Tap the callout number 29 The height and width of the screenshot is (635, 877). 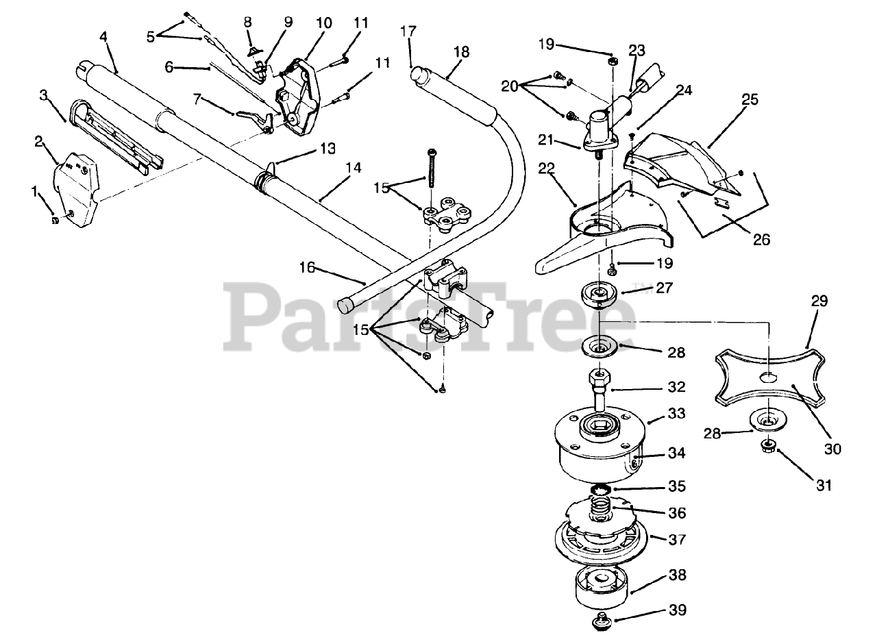[x=819, y=301]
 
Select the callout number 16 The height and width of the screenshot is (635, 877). [x=307, y=267]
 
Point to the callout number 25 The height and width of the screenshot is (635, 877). [x=750, y=99]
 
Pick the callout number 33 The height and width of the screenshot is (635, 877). [x=677, y=414]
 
